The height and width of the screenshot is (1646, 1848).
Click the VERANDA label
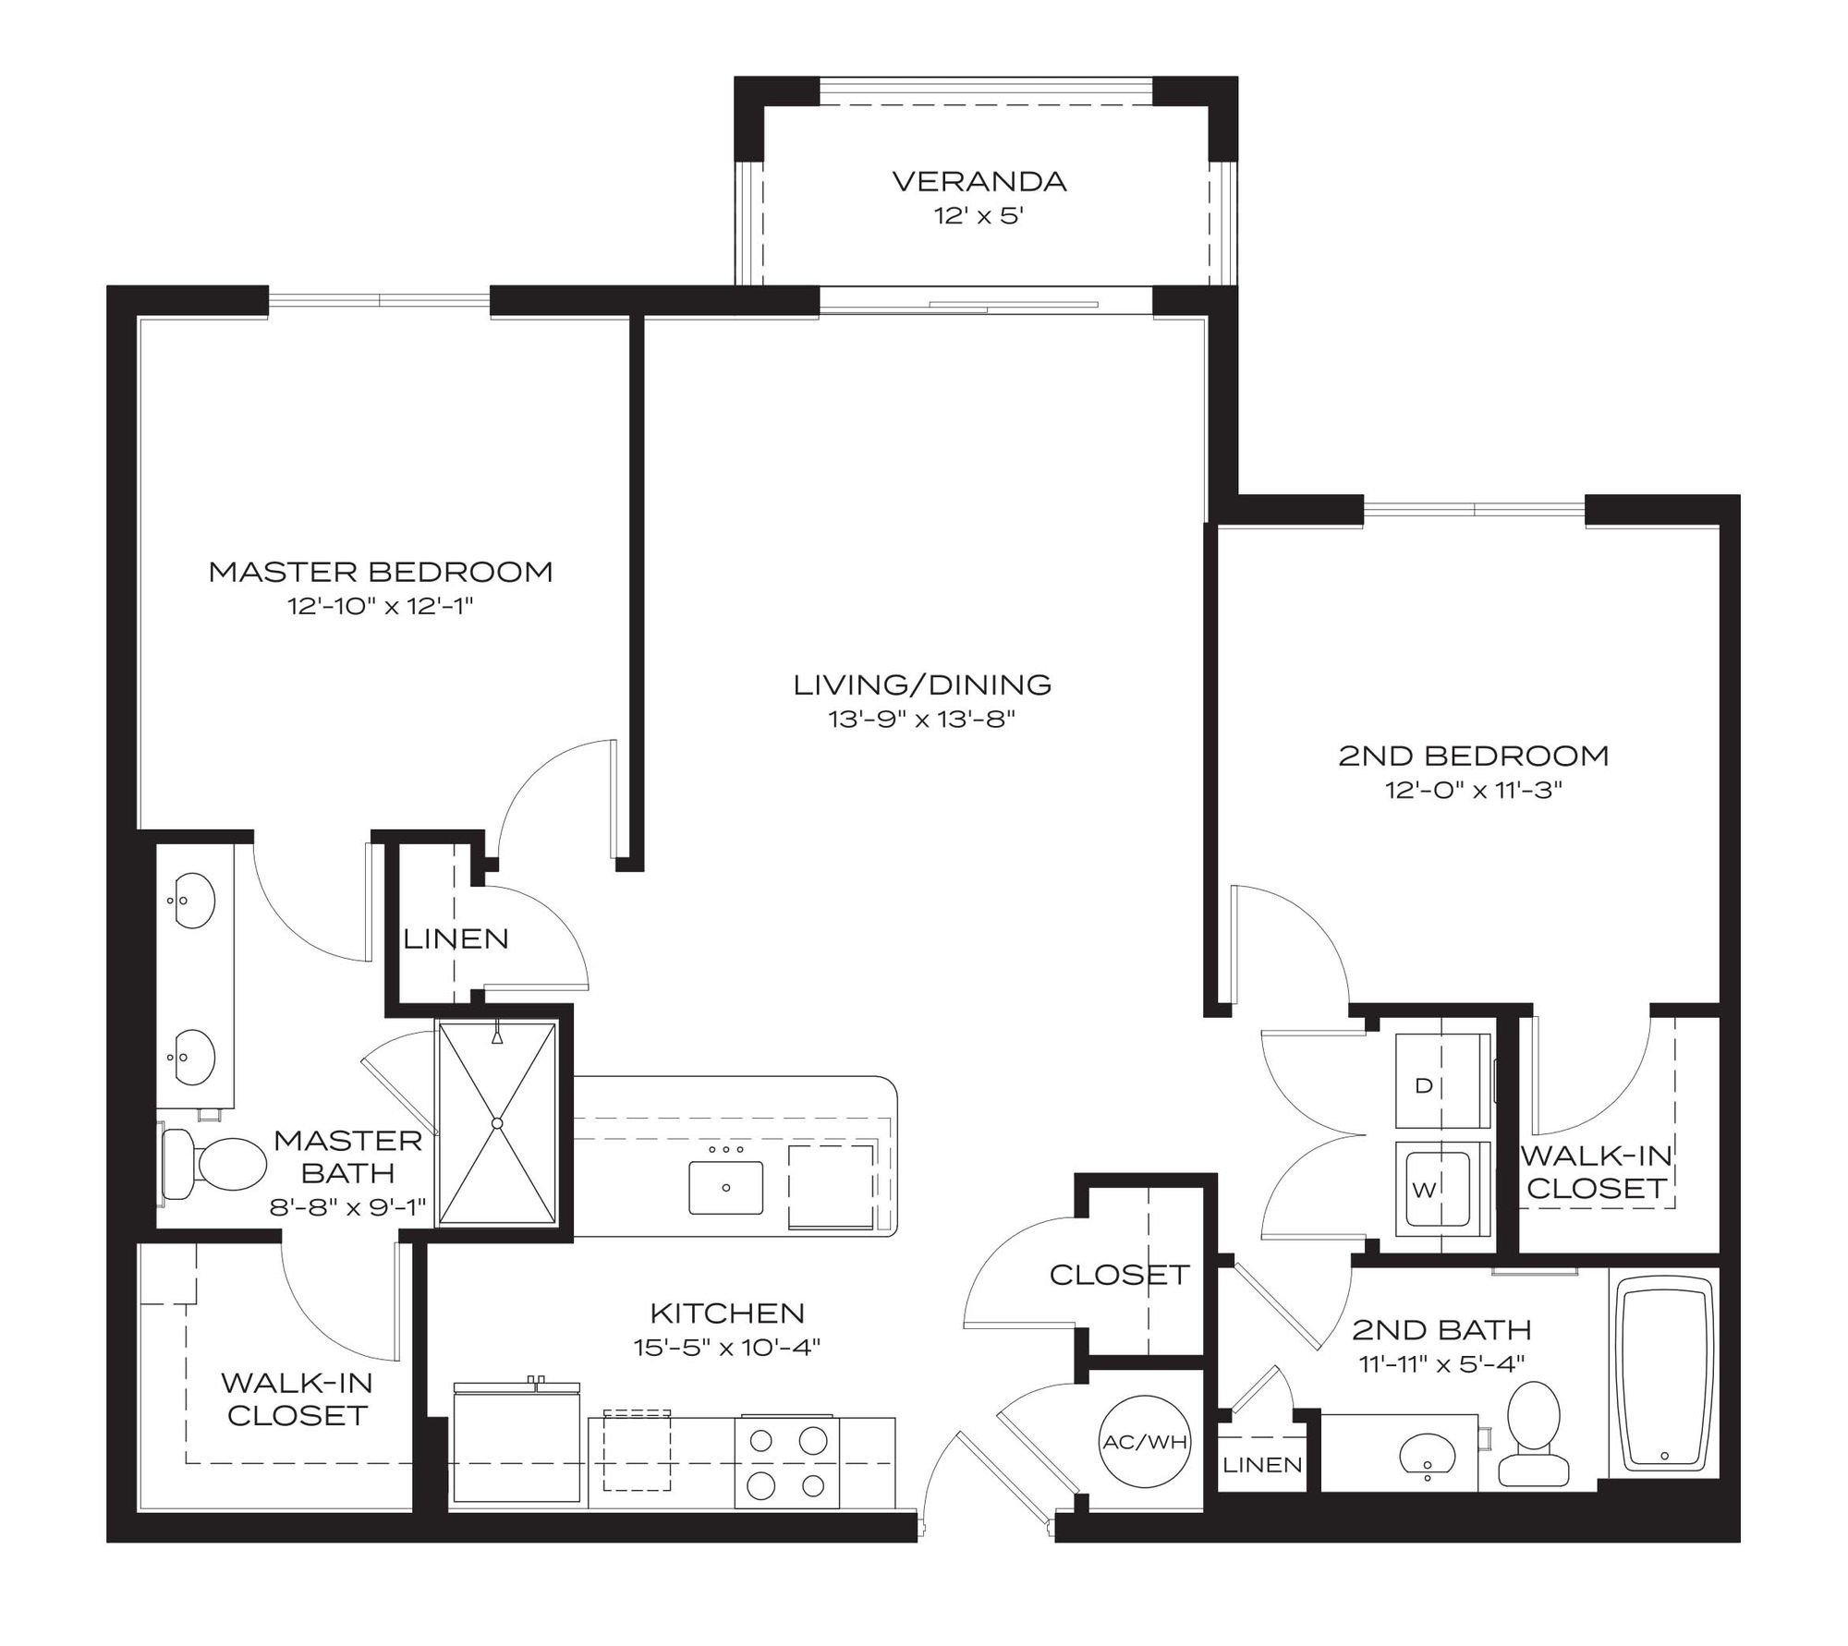tap(979, 181)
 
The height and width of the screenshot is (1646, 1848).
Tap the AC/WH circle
tap(1145, 1442)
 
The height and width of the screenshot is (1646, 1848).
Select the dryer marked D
tap(1443, 1082)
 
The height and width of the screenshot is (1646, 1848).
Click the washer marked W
tap(1443, 1188)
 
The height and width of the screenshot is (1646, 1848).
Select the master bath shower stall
tap(497, 1123)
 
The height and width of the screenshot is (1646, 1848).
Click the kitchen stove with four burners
tap(788, 1463)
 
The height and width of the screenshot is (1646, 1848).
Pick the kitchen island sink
tap(726, 1187)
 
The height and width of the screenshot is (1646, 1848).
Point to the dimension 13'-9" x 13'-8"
tap(922, 719)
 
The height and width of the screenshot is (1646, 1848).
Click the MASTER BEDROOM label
tap(381, 572)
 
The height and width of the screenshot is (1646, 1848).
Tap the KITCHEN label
tap(728, 1313)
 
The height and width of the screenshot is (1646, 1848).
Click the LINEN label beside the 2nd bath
tap(1262, 1464)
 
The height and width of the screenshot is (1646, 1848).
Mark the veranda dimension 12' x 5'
tap(979, 217)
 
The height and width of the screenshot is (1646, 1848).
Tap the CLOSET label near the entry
tap(1119, 1275)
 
